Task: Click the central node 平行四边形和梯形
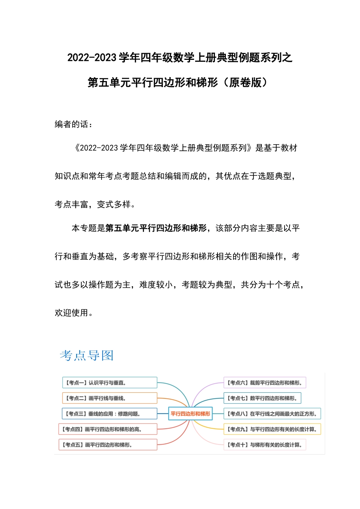190,414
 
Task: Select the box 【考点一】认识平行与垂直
110,383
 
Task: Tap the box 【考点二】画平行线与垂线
110,398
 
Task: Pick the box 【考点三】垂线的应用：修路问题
110,414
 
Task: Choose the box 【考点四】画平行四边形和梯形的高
108,429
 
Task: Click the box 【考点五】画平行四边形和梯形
108,445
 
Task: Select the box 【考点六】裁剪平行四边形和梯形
265,383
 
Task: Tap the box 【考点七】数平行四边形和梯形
263,398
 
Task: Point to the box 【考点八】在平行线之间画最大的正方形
272,414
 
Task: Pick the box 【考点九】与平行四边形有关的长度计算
272,429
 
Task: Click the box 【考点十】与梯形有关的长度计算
265,445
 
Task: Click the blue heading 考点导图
87,355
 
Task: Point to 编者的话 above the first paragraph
72,124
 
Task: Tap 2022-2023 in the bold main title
92,58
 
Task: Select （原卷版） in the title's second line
245,82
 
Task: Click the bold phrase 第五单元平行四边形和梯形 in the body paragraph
156,228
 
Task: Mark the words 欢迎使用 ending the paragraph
72,313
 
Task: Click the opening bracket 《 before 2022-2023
77,148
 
